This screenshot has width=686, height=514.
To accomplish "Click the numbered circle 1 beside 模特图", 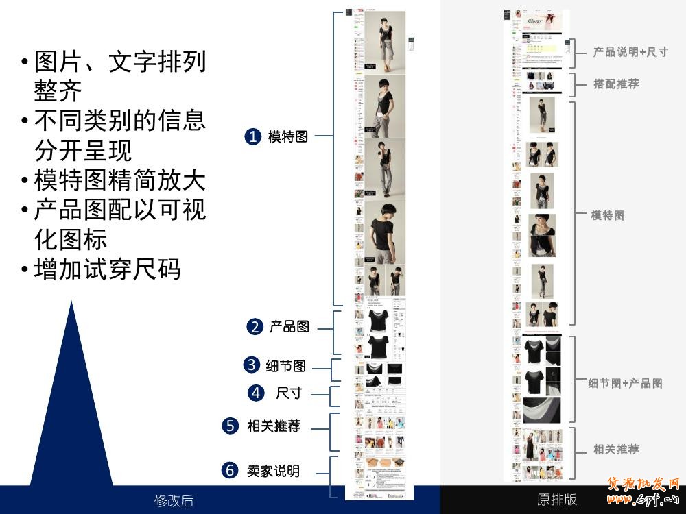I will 252,136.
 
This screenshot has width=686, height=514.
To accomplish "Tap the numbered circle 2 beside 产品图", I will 255,327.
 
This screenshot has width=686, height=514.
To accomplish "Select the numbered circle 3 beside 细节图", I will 252,365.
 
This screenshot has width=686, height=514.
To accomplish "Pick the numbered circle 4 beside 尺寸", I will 256,393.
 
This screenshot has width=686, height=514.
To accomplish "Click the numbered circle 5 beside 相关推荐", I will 230,426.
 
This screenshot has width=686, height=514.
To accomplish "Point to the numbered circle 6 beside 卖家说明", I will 230,471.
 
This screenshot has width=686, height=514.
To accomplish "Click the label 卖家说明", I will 273,471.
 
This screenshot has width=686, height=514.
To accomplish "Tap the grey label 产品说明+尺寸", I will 630,52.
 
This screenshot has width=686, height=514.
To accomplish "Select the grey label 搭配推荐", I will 616,84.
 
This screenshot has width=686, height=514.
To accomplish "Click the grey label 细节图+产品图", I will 625,383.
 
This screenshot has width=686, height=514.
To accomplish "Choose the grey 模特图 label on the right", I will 608,215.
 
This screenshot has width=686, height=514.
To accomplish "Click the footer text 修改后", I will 174,501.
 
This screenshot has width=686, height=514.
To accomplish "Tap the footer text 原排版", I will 557,500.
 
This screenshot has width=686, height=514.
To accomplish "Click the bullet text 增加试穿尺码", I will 107,269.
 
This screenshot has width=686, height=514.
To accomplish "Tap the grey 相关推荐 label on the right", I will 616,450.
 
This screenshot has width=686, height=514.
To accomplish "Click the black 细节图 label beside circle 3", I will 286,365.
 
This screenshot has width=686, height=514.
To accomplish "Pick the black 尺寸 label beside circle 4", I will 289,393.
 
